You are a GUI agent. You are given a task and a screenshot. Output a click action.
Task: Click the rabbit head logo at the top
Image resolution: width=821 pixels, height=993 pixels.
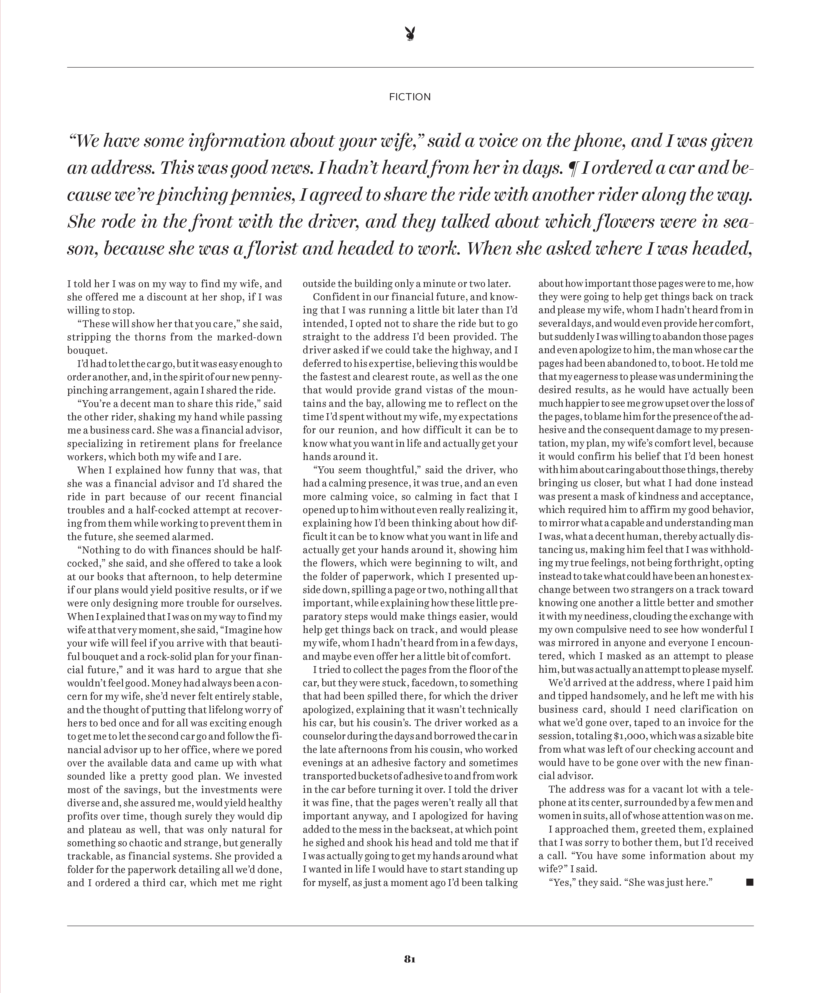pos(410,34)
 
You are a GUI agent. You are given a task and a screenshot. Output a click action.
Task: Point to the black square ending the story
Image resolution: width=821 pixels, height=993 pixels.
pos(749,882)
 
